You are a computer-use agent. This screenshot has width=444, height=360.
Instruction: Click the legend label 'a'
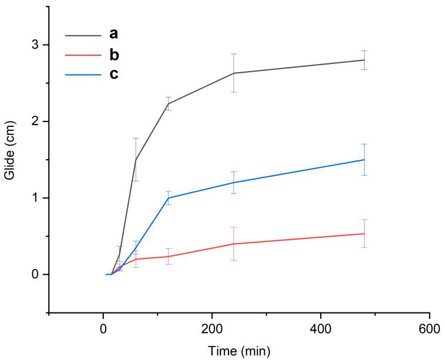113,35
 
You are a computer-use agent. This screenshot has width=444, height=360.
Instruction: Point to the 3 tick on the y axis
36,45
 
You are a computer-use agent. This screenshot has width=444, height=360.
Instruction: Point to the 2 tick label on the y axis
36,122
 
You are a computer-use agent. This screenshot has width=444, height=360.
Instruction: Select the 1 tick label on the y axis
36,198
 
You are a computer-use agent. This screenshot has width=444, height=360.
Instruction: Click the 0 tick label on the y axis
36,274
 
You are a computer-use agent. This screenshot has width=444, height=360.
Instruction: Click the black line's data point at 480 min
364,60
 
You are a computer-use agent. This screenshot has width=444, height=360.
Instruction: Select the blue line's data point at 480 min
364,160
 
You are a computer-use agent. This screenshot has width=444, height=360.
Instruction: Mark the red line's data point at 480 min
364,234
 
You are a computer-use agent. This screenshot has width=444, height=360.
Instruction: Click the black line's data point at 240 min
234,73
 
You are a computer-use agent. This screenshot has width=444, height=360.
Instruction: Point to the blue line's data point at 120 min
169,198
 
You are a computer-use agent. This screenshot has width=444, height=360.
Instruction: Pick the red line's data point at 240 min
234,244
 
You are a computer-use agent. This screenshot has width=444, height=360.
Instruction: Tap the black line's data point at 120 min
169,104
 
